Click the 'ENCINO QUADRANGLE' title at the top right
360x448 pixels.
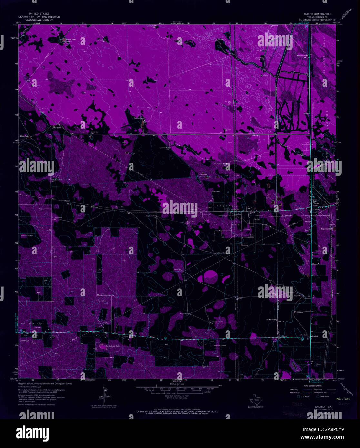315,15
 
